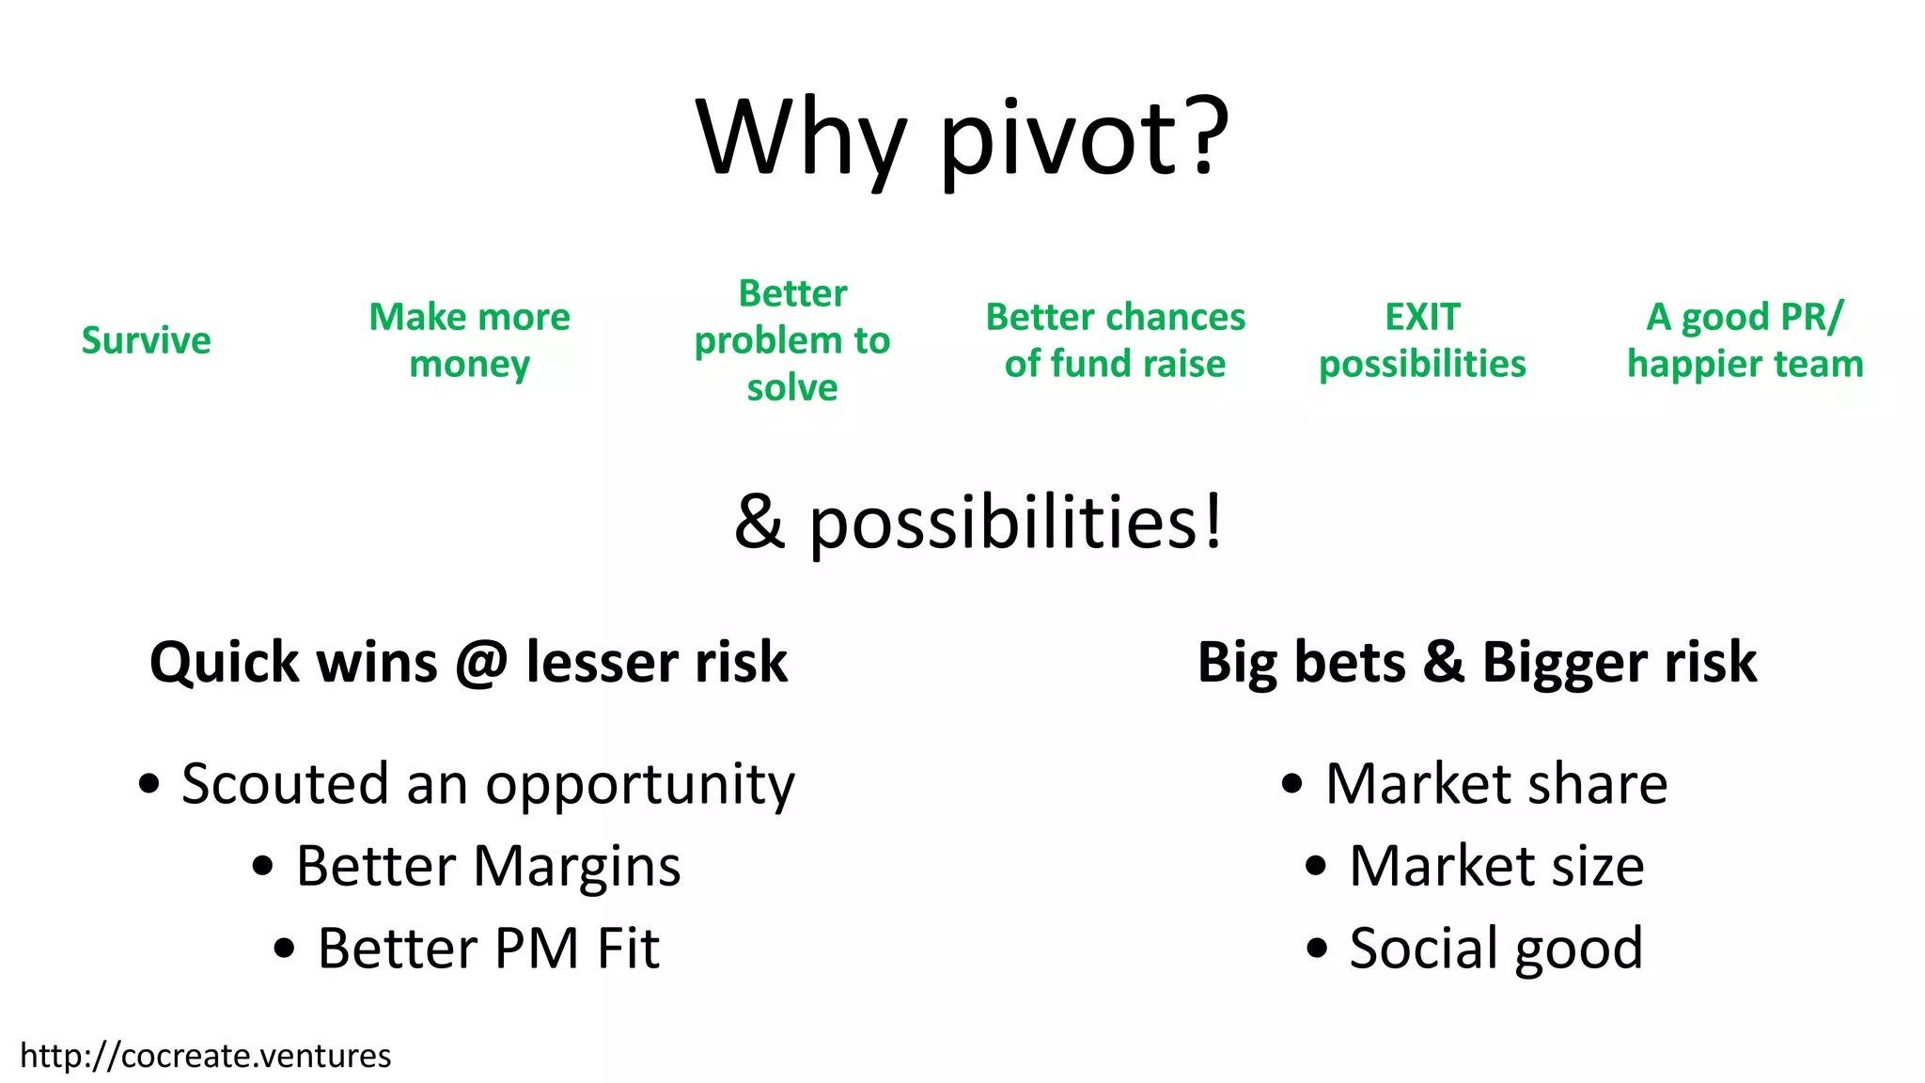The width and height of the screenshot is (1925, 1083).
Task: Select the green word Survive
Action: click(146, 340)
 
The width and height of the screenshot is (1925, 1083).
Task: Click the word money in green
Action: click(469, 365)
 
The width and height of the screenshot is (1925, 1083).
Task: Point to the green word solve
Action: click(791, 387)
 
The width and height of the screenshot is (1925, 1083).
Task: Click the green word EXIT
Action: click(1422, 318)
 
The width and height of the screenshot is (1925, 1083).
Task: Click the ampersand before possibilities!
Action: click(759, 523)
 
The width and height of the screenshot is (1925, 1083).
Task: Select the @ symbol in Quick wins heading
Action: click(481, 663)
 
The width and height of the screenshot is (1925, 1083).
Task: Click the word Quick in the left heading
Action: click(224, 663)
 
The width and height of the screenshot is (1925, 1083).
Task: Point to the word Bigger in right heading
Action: click(1563, 663)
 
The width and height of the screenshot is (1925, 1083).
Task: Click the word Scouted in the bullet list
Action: click(285, 783)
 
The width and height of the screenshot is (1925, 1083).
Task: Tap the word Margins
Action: click(576, 866)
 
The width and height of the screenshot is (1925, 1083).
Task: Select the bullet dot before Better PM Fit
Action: click(284, 948)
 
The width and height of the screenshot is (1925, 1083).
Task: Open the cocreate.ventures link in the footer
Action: click(205, 1056)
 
